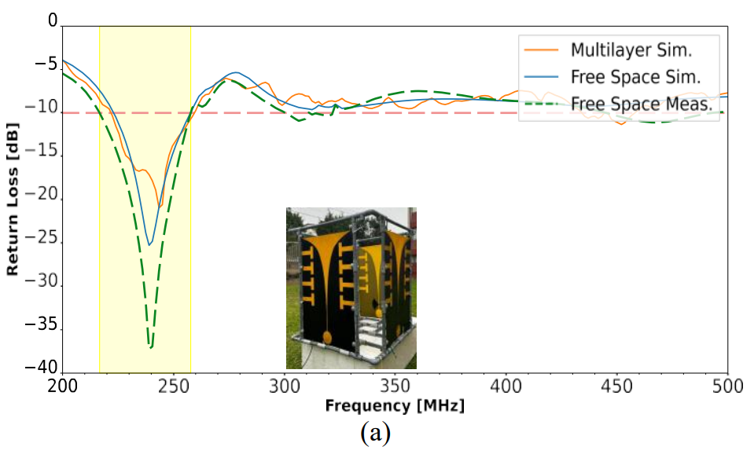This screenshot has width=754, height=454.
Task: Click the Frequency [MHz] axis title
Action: [395, 406]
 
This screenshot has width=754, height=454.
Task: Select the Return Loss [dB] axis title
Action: [13, 197]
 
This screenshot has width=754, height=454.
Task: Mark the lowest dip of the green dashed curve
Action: [150, 346]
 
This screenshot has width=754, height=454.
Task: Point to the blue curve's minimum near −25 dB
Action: [149, 245]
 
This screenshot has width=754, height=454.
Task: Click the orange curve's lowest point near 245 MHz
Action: [160, 207]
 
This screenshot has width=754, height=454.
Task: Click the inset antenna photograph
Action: [351, 287]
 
